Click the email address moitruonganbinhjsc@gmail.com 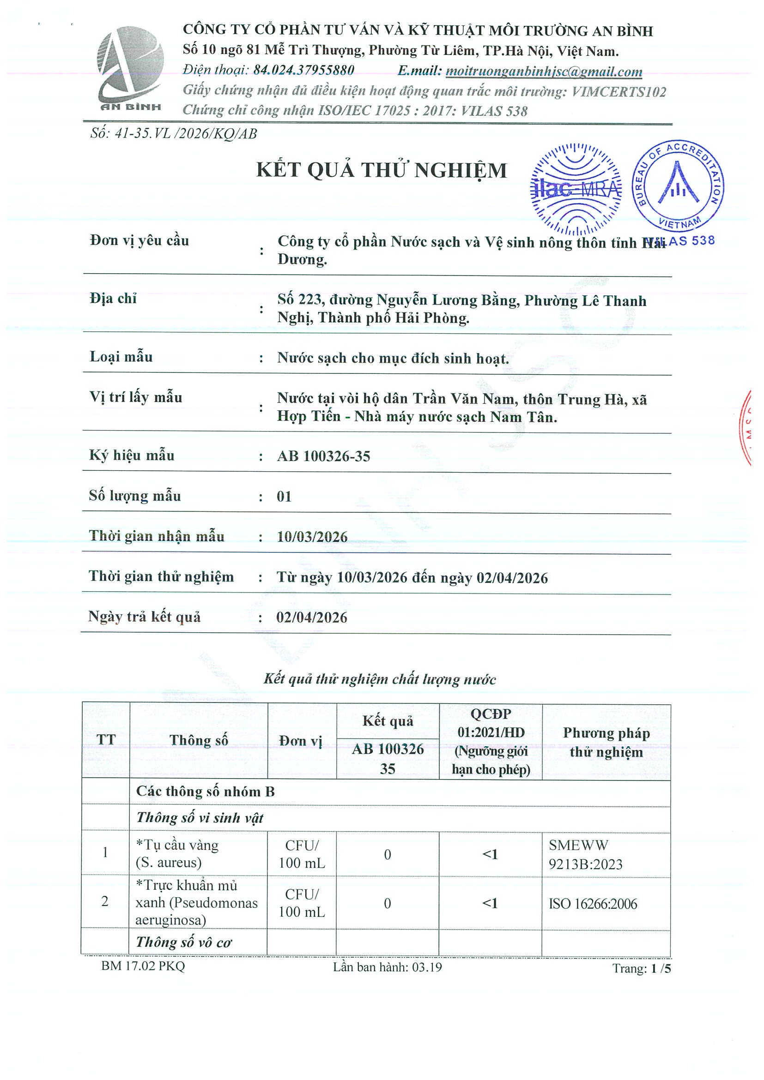544,72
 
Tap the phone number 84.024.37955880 303,71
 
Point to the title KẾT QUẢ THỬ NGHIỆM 381,170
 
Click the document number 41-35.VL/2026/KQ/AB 174,134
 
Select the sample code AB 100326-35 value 323,456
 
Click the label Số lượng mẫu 135,496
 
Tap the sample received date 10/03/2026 312,537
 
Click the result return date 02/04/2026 312,618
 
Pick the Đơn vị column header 301,741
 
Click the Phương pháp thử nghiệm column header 606,742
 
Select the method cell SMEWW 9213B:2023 585,855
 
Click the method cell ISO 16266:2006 593,904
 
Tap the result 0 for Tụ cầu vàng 388,855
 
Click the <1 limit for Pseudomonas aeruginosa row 490,903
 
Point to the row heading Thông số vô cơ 183,942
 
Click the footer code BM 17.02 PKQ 143,966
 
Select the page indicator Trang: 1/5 641,968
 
